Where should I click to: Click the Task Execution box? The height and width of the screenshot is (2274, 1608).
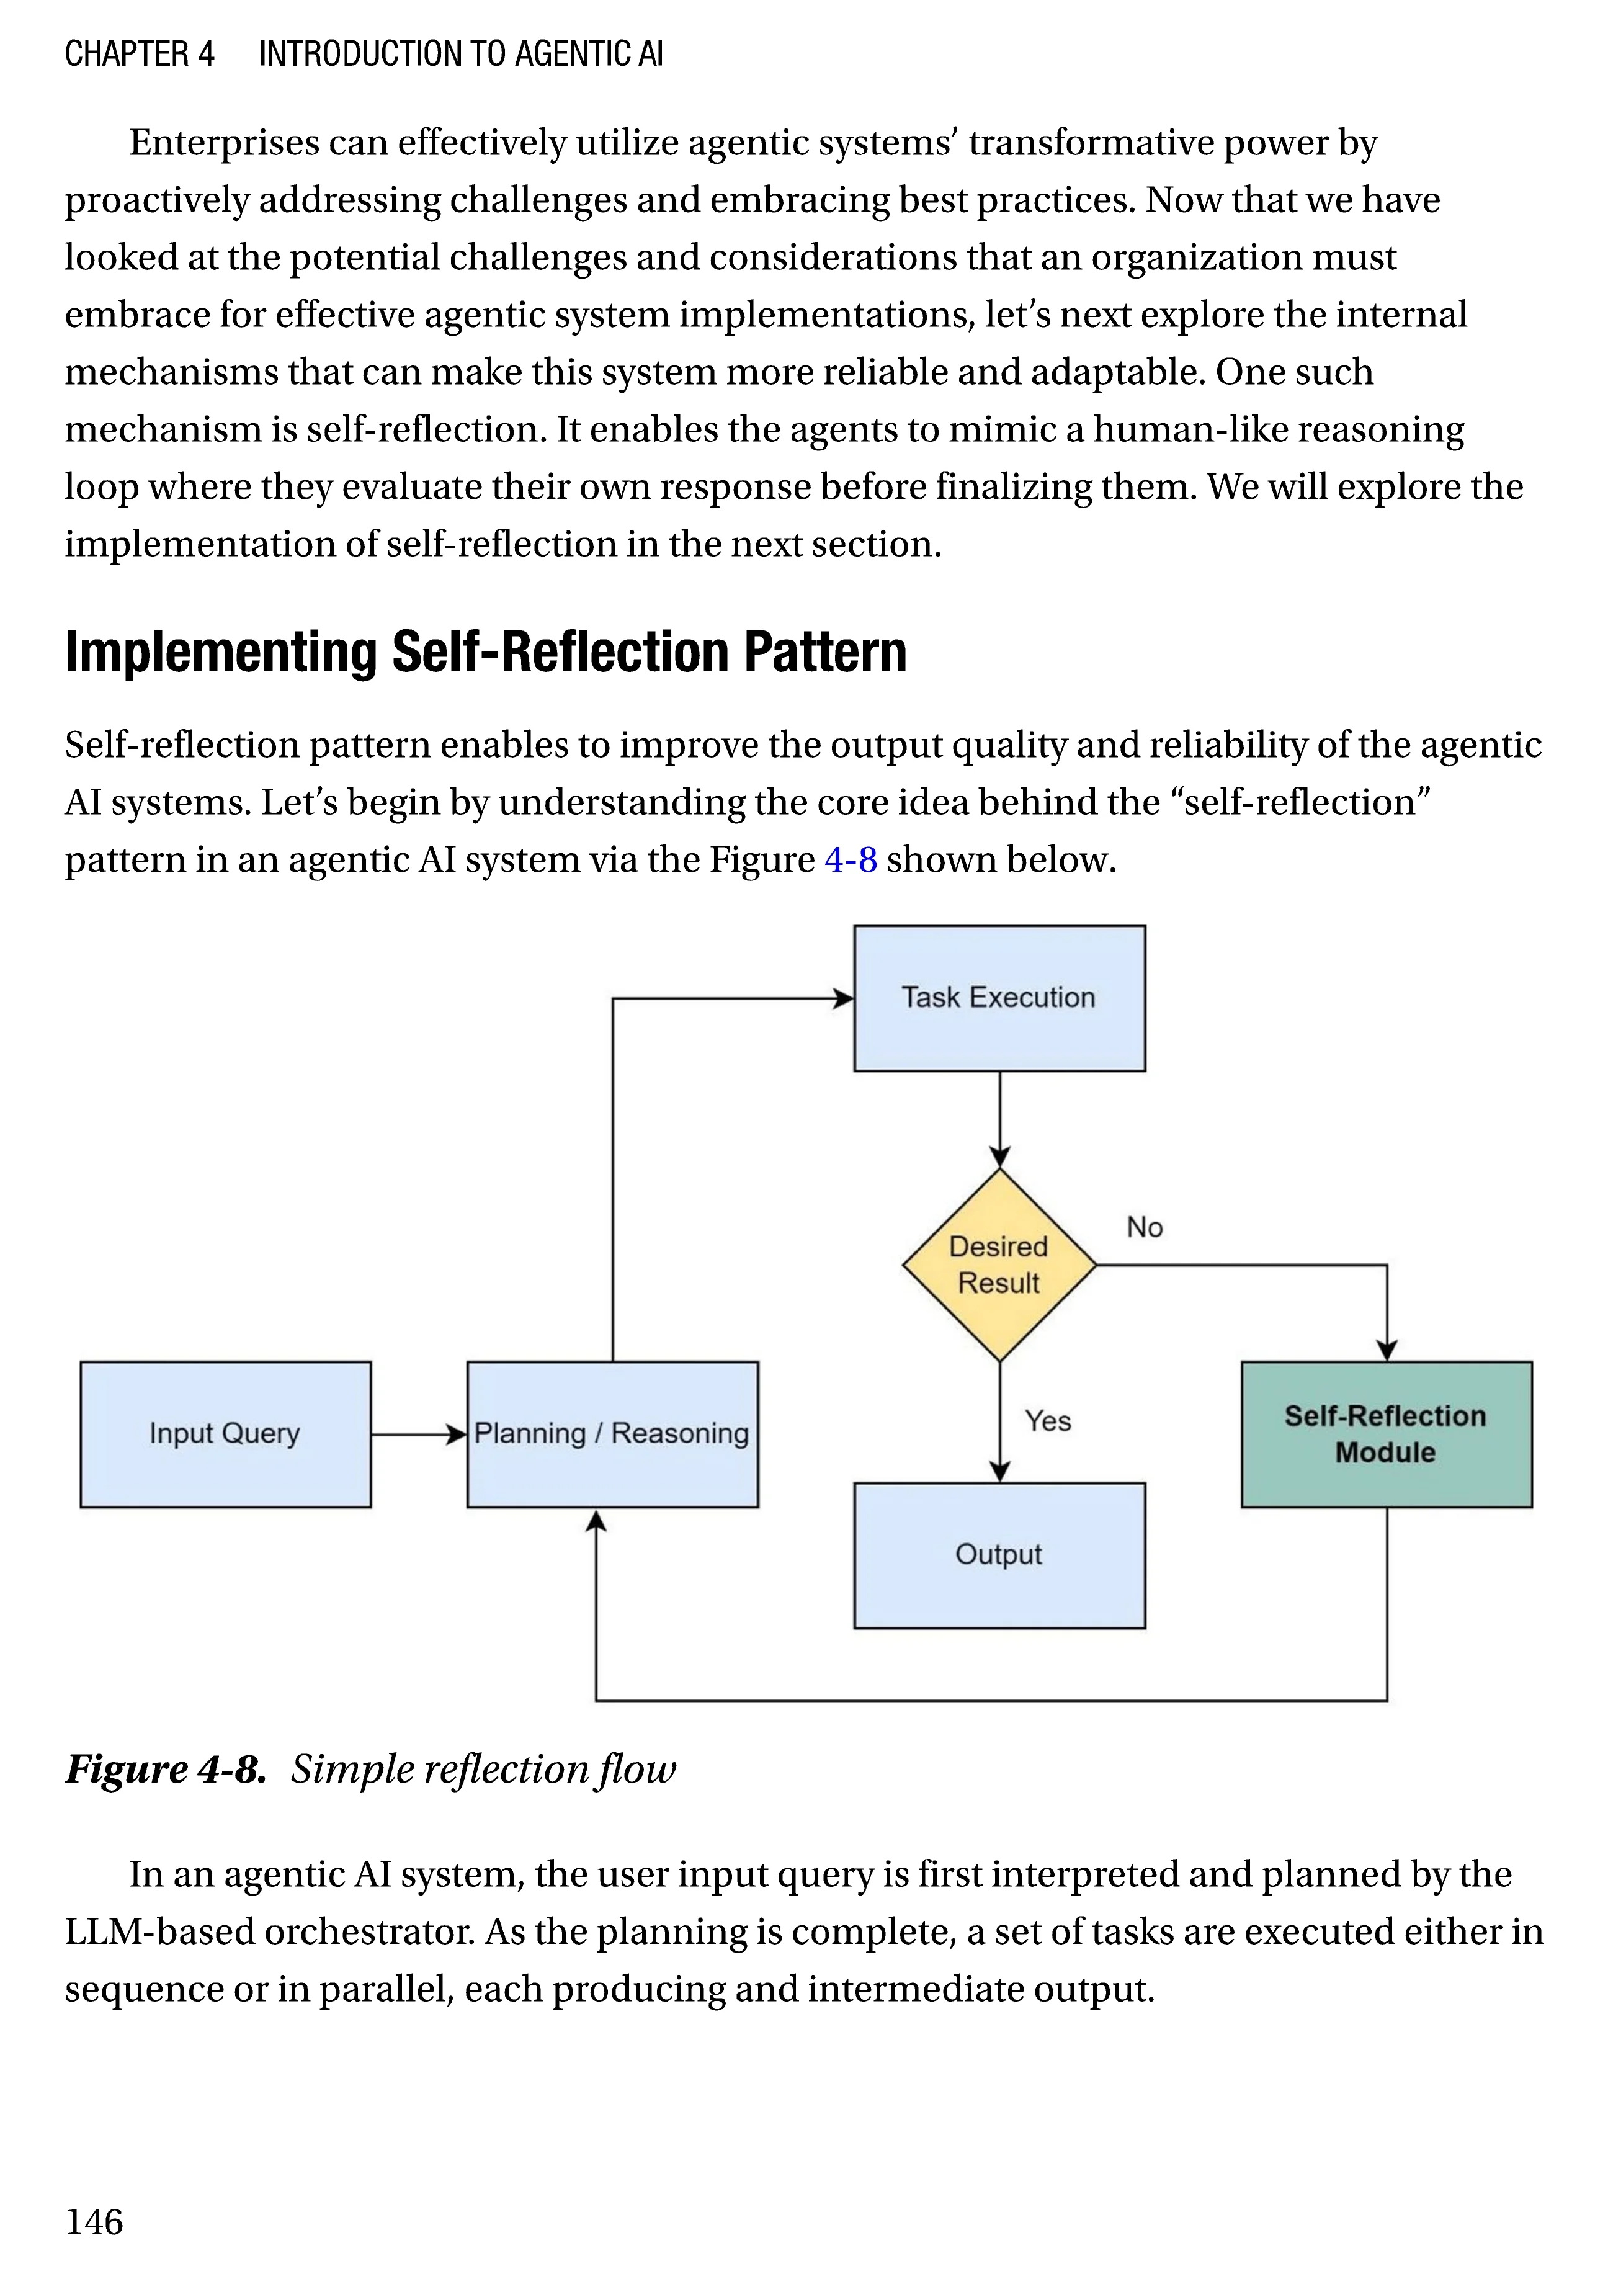(x=999, y=998)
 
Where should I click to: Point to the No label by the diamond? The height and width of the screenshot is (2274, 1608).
(x=1145, y=1228)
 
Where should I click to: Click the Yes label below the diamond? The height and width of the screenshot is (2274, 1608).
(x=1048, y=1421)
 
